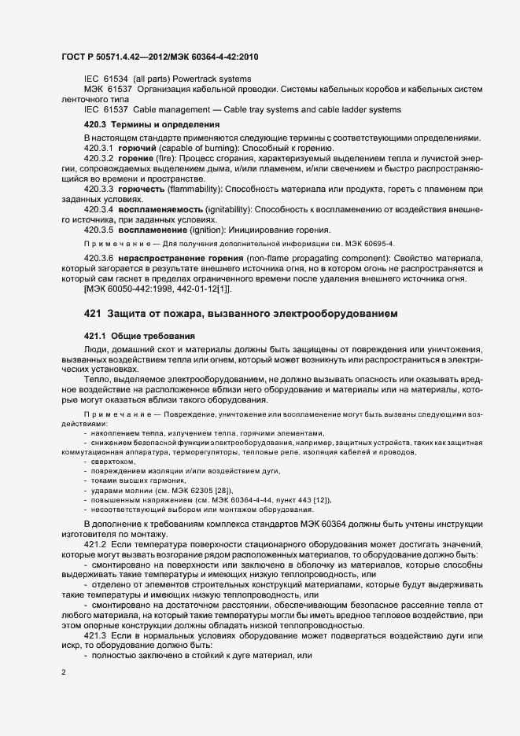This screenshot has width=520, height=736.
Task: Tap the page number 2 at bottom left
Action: (x=63, y=672)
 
